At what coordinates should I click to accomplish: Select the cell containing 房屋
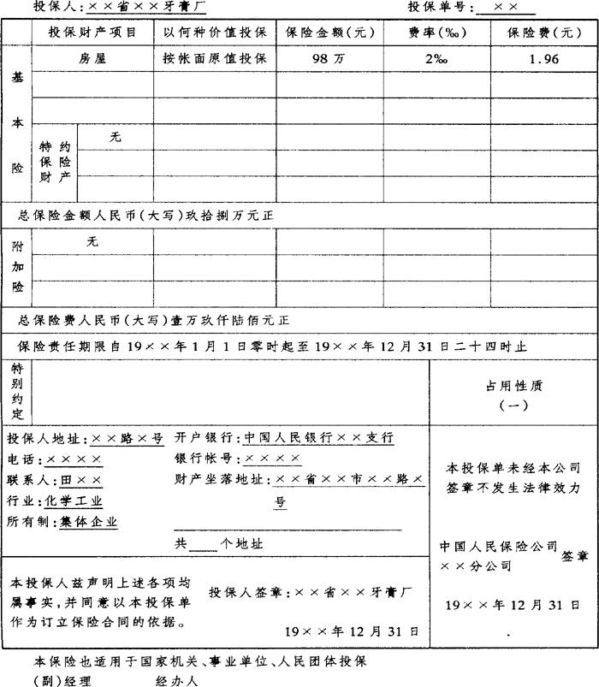coord(93,59)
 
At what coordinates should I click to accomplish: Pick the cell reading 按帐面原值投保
coord(215,59)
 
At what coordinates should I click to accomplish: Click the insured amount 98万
coord(329,59)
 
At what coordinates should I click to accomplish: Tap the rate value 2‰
coord(436,59)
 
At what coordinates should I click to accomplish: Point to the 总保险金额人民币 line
coord(145,214)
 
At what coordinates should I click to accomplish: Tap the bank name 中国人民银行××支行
coord(318,437)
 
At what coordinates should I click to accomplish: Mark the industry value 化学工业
coord(74,501)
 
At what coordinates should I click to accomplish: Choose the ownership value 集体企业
coord(89,522)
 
